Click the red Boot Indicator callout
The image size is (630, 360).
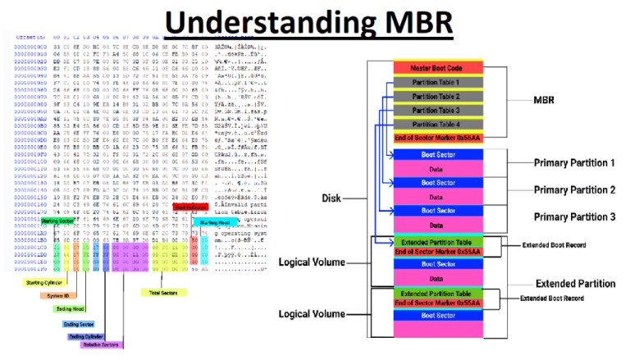(x=190, y=208)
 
